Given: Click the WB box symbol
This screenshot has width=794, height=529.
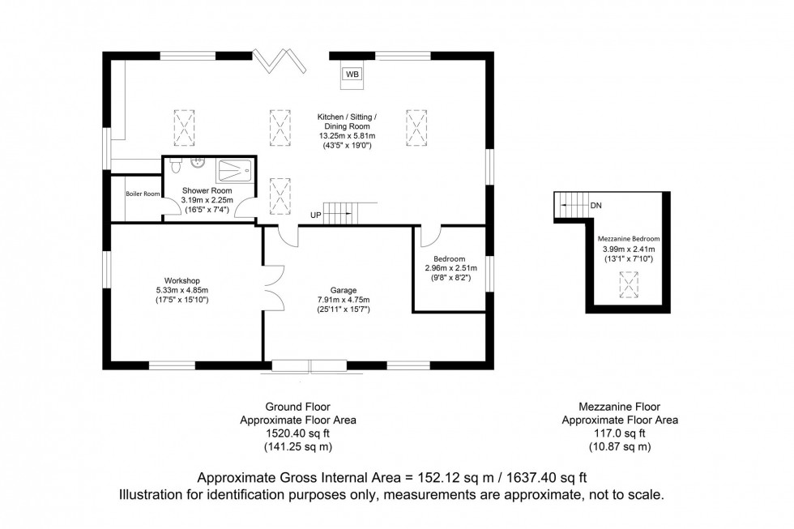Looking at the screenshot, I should pos(352,75).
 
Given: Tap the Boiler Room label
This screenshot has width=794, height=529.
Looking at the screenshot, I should pos(143,194).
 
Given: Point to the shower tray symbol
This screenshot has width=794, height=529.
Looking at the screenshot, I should pos(234,169).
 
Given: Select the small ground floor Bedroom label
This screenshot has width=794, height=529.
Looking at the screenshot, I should pos(449,258).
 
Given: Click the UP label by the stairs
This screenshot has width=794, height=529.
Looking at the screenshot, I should pos(317,215).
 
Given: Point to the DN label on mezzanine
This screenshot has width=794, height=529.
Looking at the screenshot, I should pos(596,206).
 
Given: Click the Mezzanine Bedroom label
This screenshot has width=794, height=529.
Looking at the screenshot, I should pos(628,239).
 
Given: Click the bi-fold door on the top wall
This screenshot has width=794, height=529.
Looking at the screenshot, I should pos(280,62).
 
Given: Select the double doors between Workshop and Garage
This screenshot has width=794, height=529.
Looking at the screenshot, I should pos(273,288).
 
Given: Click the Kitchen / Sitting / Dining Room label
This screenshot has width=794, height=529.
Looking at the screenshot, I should pos(347,122).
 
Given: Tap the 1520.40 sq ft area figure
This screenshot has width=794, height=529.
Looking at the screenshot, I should pos(298,433).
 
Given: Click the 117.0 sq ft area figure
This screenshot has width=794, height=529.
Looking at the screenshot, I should pos(620,433).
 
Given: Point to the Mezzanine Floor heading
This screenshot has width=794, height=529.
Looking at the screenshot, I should pos(620,407).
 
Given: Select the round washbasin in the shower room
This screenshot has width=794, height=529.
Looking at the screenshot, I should pos(196,162).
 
